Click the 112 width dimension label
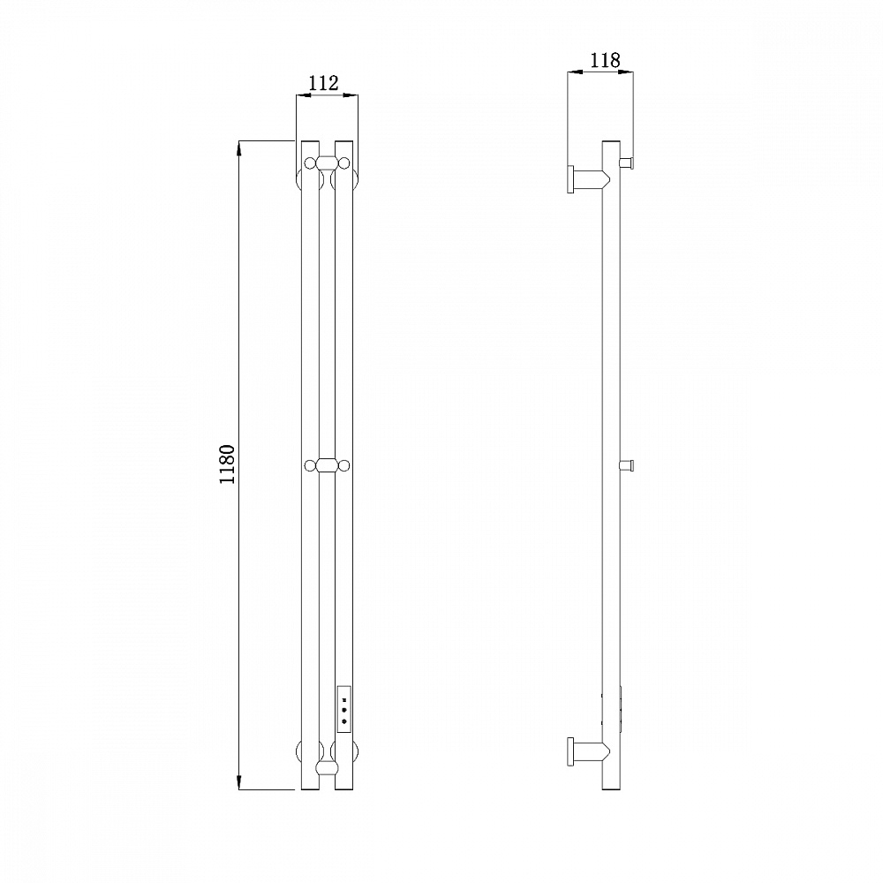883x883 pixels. pos(324,83)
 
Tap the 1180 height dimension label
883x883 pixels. pos(227,464)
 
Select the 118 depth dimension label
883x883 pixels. pos(605,60)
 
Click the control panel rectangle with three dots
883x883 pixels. pos(343,710)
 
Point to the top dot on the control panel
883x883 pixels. pos(343,701)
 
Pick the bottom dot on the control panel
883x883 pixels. pos(343,721)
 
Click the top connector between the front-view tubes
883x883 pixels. pos(327,163)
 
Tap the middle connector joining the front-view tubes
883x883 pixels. pos(327,465)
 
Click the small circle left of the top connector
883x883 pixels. pos(310,163)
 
